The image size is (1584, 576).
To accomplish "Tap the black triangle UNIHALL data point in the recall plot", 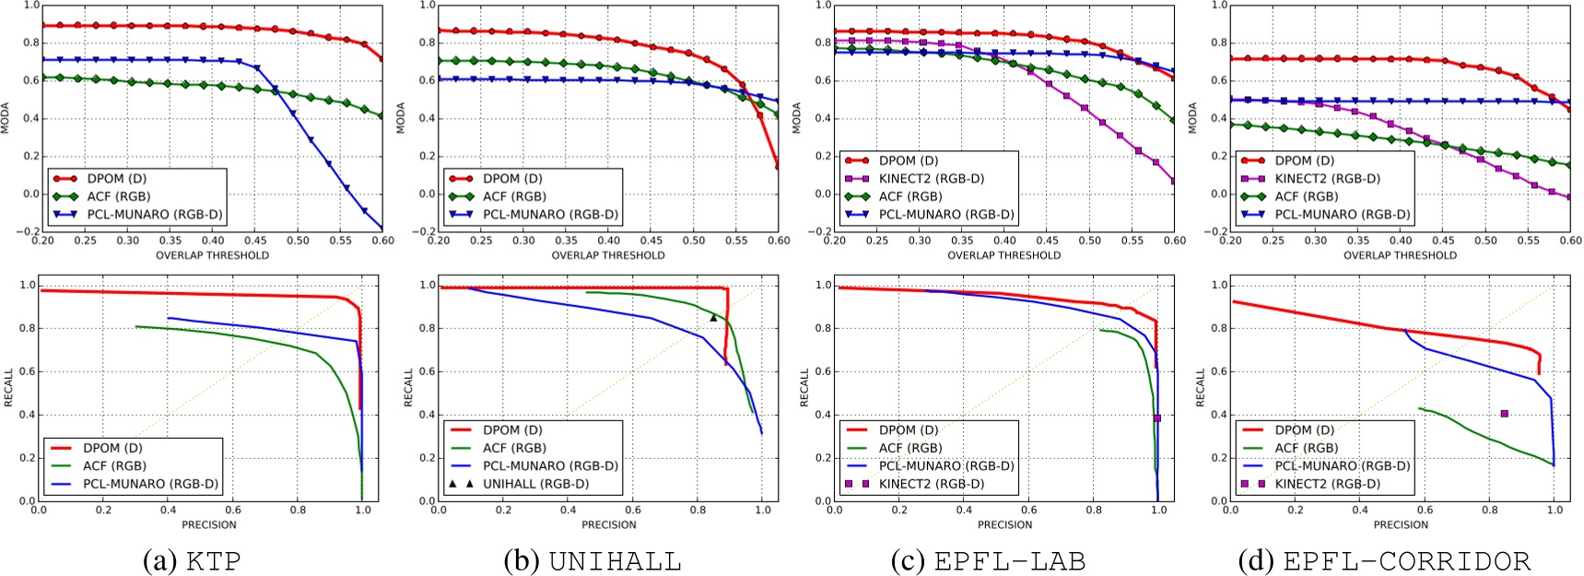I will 713,318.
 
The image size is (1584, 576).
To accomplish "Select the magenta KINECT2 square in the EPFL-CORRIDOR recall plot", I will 1505,414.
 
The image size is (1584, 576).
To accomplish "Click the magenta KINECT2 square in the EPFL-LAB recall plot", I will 1157,418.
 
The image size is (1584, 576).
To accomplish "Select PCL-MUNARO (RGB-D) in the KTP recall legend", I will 150,484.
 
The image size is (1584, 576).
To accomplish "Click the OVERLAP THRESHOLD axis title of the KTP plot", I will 212,255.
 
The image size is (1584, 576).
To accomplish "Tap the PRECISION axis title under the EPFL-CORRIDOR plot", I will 1401,524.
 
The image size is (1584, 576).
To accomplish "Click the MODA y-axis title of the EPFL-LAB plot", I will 797,117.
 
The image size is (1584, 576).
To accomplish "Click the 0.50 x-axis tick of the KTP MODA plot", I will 298,241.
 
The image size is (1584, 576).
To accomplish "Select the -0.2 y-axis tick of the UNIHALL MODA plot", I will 428,231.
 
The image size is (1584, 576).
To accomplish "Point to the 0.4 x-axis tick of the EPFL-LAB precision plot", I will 964,509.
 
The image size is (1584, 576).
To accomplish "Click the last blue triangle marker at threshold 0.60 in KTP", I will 381,228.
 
